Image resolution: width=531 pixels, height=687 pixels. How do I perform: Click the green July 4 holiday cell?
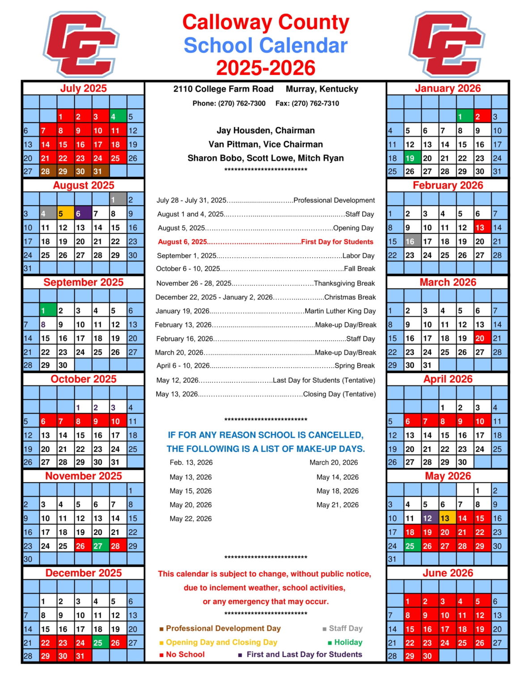118,117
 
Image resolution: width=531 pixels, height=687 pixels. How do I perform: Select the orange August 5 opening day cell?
66,214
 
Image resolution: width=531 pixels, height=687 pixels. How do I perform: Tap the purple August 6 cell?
83,214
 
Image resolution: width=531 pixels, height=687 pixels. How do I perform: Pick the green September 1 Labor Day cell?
48,310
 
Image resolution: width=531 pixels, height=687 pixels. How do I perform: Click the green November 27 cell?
101,546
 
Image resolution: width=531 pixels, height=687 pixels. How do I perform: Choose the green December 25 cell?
101,643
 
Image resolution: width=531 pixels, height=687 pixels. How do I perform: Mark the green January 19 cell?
412,158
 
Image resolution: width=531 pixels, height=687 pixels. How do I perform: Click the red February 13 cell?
482,228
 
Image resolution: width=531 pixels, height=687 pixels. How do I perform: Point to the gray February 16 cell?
412,242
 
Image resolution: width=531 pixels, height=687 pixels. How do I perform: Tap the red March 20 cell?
482,338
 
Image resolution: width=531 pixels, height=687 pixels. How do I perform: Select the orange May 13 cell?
447,518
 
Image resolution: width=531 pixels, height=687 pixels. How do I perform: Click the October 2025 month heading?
84,379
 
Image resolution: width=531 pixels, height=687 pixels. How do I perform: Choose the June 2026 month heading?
448,573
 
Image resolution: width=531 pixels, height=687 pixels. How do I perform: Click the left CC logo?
81,44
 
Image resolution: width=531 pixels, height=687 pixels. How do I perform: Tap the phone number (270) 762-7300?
242,103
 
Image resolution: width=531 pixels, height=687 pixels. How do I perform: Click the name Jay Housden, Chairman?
266,131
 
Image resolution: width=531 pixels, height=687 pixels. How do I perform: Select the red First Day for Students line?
265,242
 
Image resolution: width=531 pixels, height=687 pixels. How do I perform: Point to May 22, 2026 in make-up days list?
191,519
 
